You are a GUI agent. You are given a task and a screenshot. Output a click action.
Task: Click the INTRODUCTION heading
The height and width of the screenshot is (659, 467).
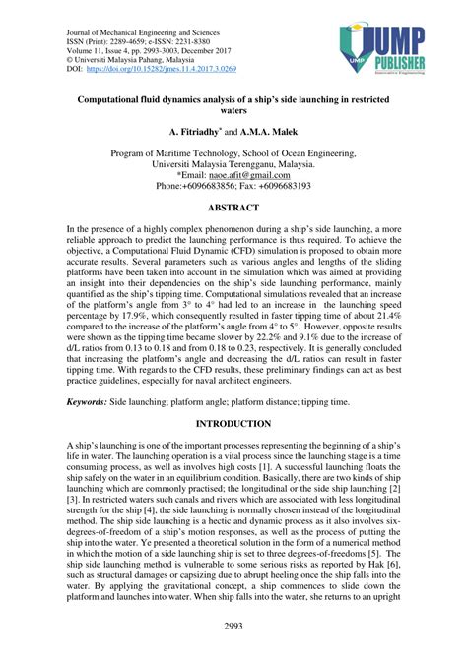point(233,424)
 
